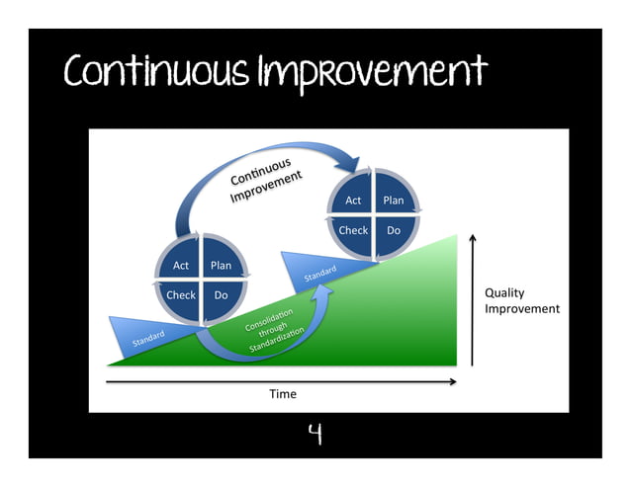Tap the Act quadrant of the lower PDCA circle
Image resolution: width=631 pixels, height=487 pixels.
tap(181, 266)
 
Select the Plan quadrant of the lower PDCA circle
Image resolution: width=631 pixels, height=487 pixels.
tap(222, 266)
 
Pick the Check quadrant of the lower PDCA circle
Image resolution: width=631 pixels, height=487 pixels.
tap(181, 295)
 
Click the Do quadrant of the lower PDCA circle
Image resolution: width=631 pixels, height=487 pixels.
tap(222, 295)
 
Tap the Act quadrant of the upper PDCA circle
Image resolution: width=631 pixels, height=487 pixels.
tap(353, 201)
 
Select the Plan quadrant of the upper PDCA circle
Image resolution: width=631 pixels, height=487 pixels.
tap(394, 201)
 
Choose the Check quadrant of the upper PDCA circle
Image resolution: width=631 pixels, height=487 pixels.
tap(353, 230)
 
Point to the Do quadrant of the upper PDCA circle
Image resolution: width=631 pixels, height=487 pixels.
tap(394, 230)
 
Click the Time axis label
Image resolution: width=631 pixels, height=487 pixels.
tap(283, 394)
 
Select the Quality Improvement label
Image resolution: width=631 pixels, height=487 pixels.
tap(521, 301)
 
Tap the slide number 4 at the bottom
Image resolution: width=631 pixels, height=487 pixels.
tap(315, 434)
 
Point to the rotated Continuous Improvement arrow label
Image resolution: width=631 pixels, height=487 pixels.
tap(265, 180)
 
